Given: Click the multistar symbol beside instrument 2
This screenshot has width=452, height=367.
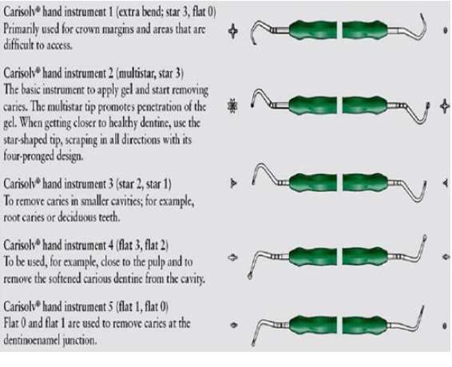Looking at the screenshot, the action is (x=232, y=106).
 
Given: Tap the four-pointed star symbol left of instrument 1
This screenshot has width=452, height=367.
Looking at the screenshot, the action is (x=233, y=31).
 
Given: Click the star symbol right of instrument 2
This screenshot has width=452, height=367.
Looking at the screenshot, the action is (x=445, y=106).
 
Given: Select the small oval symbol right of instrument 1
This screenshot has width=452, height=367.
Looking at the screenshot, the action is (x=445, y=30).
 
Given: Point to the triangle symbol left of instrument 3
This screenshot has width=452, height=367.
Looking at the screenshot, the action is (x=233, y=183).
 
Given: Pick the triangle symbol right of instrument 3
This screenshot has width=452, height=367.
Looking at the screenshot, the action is (x=446, y=183).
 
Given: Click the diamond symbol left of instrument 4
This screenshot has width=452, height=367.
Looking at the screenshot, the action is (x=232, y=257).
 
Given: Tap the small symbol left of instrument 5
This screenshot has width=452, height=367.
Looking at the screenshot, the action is (x=234, y=326).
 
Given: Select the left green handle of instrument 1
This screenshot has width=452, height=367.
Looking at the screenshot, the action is (x=313, y=30).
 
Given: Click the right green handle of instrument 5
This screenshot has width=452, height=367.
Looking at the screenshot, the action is (x=365, y=326).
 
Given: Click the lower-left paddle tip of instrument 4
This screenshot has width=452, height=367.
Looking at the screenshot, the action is (x=250, y=276).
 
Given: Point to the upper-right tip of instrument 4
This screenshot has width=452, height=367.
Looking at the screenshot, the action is (x=425, y=238).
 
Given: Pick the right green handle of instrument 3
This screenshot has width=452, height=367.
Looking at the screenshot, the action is (x=365, y=183).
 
